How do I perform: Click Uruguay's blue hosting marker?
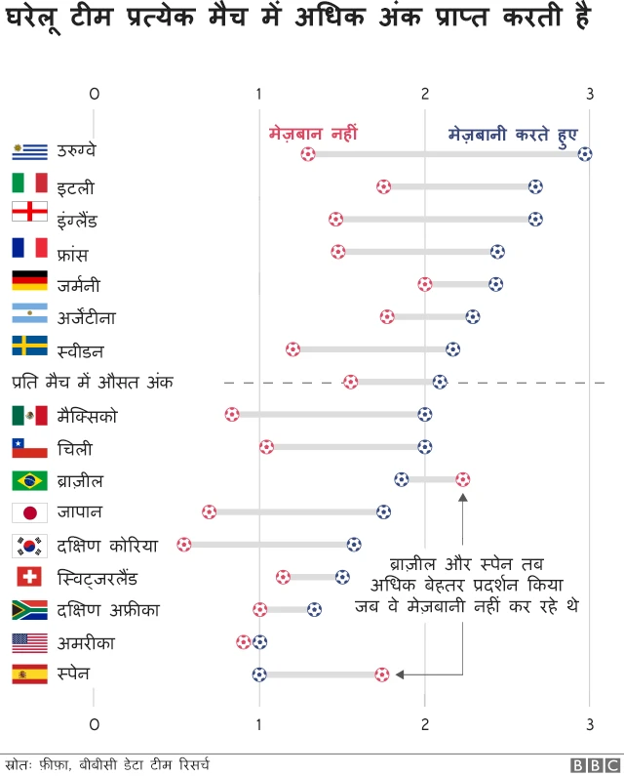point(585,153)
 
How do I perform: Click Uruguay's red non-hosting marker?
point(308,153)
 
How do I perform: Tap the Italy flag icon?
point(29,184)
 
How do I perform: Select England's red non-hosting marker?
point(336,219)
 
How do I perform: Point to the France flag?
point(29,249)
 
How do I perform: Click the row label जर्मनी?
point(78,285)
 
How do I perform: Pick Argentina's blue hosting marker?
point(473,316)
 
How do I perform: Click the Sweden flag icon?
point(29,347)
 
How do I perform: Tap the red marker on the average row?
point(351,382)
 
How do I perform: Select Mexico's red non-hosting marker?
point(231,414)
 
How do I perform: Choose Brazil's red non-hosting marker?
point(462,479)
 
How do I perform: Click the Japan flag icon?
point(29,512)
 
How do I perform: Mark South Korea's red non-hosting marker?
point(184,544)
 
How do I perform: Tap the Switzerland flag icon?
point(29,577)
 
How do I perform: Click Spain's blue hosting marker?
point(258,674)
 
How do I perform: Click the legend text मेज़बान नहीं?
point(313,132)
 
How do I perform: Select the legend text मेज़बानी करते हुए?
point(512,132)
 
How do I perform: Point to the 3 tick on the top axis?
point(589,94)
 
